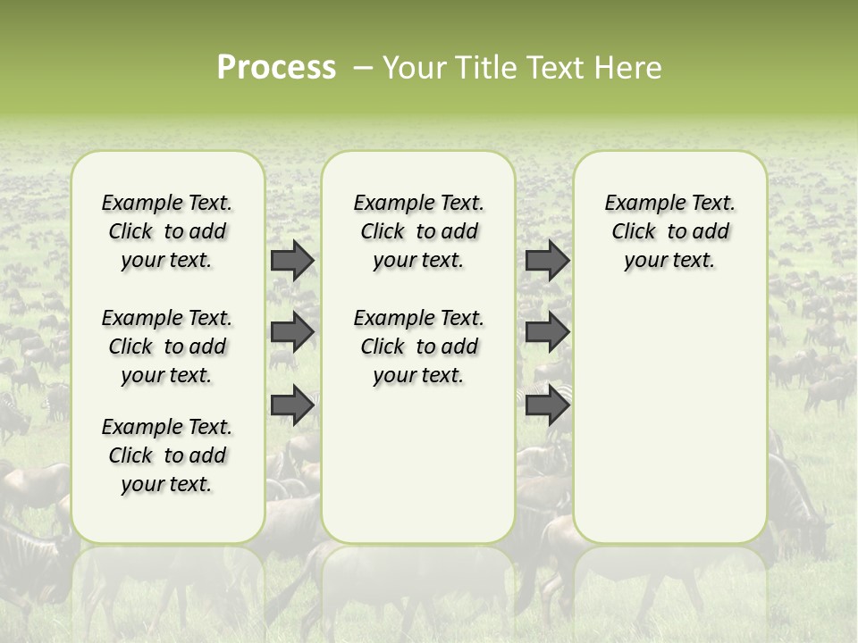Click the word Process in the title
276,68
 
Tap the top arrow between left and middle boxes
292,260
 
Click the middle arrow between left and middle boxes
292,332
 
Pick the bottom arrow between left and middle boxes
292,405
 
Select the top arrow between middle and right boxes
547,260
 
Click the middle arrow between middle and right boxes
547,332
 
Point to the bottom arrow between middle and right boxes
547,405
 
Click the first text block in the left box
167,231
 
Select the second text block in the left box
167,347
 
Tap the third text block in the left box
167,455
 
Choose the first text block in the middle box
418,231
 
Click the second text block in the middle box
418,347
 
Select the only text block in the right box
669,231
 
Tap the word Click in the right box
634,232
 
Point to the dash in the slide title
363,68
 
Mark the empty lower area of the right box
669,411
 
